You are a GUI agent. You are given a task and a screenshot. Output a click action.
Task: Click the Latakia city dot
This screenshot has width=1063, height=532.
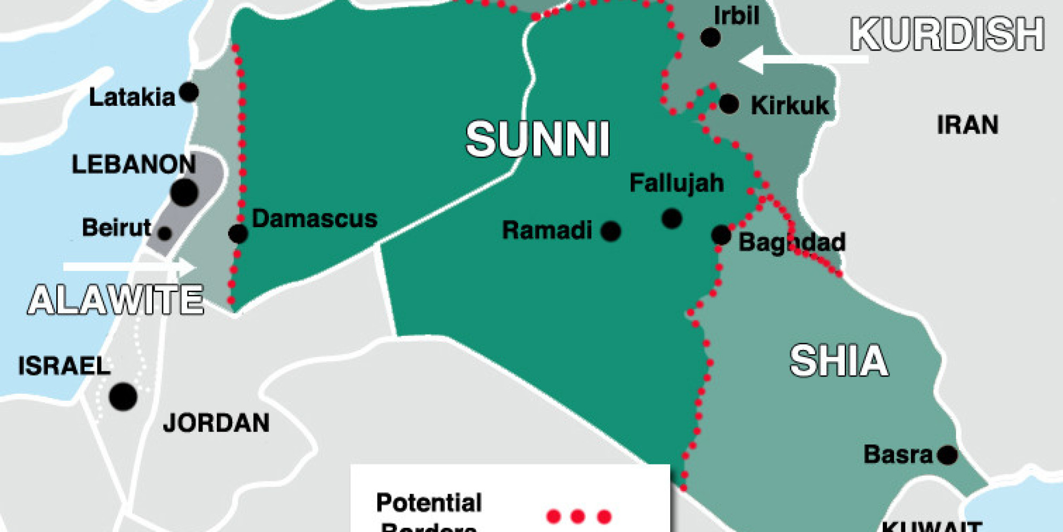[189, 92]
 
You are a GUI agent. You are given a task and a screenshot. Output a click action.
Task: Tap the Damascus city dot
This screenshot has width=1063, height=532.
[238, 233]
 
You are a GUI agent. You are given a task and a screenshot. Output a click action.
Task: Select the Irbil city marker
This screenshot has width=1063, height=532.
[711, 37]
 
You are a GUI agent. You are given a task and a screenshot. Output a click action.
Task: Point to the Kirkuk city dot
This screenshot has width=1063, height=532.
[729, 104]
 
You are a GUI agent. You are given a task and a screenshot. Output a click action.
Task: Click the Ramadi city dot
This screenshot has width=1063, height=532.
[611, 231]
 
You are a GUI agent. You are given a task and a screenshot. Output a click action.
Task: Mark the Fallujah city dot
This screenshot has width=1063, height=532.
[672, 218]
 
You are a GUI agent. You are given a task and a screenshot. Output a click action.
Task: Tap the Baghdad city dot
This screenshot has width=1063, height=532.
[721, 235]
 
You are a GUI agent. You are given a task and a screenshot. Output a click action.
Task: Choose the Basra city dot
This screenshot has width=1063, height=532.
[947, 455]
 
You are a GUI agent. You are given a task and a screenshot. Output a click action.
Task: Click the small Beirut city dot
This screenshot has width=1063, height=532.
[165, 233]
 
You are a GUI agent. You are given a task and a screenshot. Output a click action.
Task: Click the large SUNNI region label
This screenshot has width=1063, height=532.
[537, 139]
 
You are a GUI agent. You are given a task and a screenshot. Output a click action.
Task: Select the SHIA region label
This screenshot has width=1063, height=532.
[839, 361]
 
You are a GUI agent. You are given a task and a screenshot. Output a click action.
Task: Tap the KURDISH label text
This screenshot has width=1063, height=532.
[947, 35]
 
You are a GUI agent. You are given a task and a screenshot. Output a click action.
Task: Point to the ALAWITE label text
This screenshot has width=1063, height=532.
[116, 300]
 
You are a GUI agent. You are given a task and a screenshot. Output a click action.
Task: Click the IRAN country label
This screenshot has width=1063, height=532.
[967, 125]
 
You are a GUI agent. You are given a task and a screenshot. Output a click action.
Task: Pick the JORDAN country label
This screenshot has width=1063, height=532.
[216, 423]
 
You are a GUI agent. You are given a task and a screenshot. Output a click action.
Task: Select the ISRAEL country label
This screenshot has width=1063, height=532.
[64, 366]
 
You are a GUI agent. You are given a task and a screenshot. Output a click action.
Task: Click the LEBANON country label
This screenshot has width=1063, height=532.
[133, 164]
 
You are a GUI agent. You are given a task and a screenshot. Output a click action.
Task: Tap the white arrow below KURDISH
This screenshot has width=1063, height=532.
[803, 60]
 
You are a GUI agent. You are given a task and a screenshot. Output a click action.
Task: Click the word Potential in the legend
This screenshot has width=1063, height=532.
[429, 503]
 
